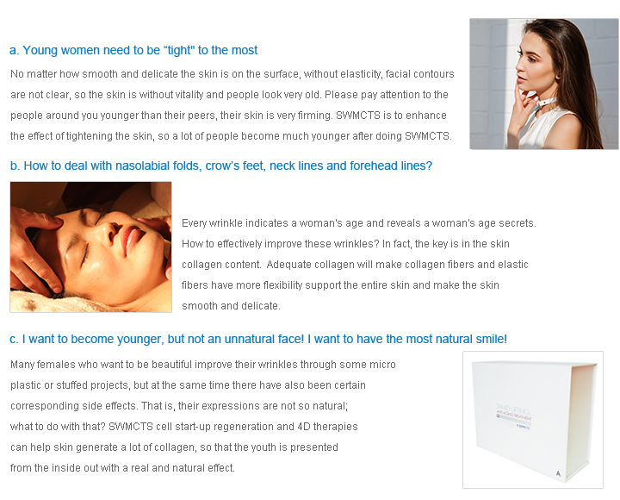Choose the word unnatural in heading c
point(249,340)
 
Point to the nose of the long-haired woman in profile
point(518,63)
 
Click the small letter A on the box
point(558,473)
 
